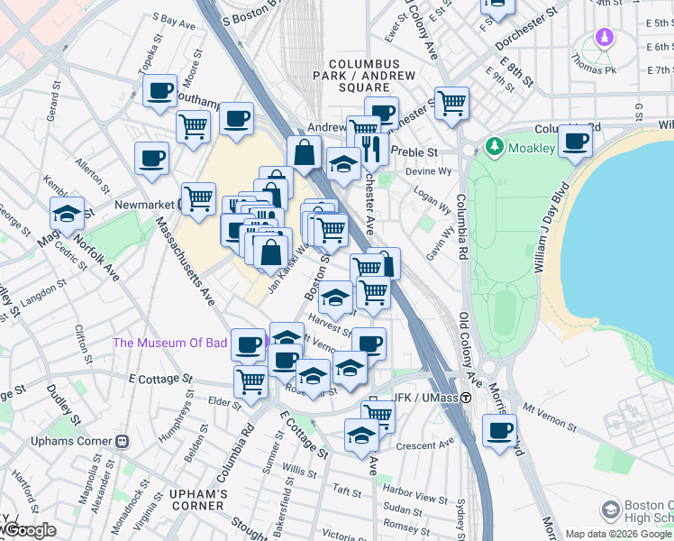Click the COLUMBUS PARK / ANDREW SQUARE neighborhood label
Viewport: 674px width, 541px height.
(364, 72)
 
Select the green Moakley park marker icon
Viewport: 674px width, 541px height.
(493, 146)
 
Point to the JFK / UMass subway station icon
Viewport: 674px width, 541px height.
(467, 398)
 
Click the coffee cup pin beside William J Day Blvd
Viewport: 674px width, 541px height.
(575, 140)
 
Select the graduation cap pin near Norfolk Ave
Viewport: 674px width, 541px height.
(67, 214)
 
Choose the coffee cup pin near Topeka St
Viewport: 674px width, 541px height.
(159, 90)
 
